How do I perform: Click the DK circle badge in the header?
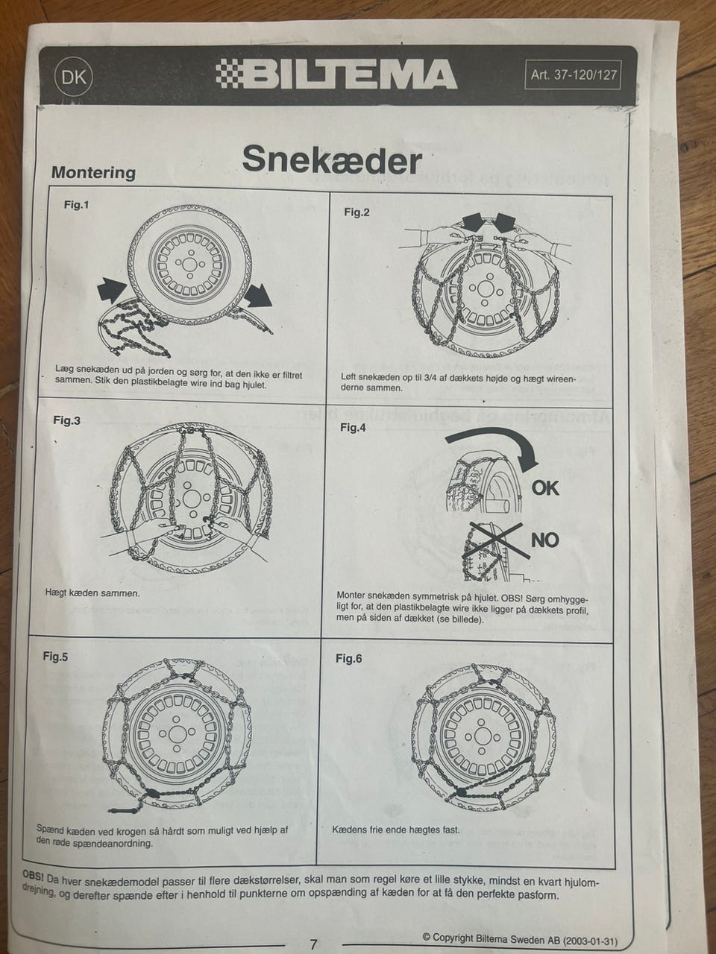coord(74,78)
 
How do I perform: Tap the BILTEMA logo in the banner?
coord(336,75)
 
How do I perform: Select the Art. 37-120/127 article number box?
coord(573,75)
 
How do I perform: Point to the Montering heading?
coord(93,172)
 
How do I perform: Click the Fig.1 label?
coord(76,204)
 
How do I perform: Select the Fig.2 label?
coord(357,212)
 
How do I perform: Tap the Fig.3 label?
coord(66,420)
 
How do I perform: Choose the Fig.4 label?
coord(353,428)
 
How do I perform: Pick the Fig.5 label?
coord(55,656)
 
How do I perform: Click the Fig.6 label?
coord(348,658)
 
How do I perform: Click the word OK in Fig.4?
coord(545,488)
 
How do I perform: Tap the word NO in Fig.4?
coord(544,540)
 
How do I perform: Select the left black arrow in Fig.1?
coord(112,290)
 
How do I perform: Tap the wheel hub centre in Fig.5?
coord(177,735)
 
